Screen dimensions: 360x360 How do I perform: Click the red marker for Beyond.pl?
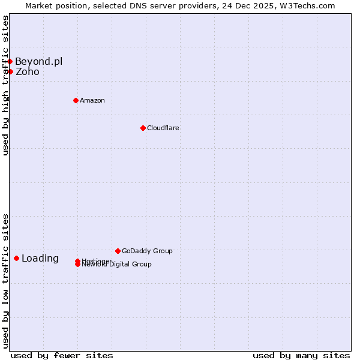(10, 61)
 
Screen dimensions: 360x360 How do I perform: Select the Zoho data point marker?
(10, 72)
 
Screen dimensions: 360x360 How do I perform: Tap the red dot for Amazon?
(76, 100)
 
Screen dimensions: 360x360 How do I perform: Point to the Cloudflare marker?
(143, 128)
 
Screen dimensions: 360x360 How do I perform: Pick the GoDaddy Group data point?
(118, 251)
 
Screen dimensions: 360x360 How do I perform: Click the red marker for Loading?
(16, 258)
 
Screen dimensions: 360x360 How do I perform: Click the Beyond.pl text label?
(38, 61)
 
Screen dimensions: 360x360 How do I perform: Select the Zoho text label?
(28, 72)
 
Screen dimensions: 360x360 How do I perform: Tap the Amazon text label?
(92, 100)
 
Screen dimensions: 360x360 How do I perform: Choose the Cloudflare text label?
(163, 128)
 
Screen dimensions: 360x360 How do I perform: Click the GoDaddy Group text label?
(147, 251)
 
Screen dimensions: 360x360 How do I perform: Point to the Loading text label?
(40, 259)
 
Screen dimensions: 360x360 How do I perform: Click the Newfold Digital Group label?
(117, 265)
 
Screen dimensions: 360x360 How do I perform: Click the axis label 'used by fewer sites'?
(62, 355)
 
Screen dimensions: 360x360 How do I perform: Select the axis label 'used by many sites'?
(301, 355)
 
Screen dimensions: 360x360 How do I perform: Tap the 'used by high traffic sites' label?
(5, 85)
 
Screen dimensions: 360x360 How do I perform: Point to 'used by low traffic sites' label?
(5, 281)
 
